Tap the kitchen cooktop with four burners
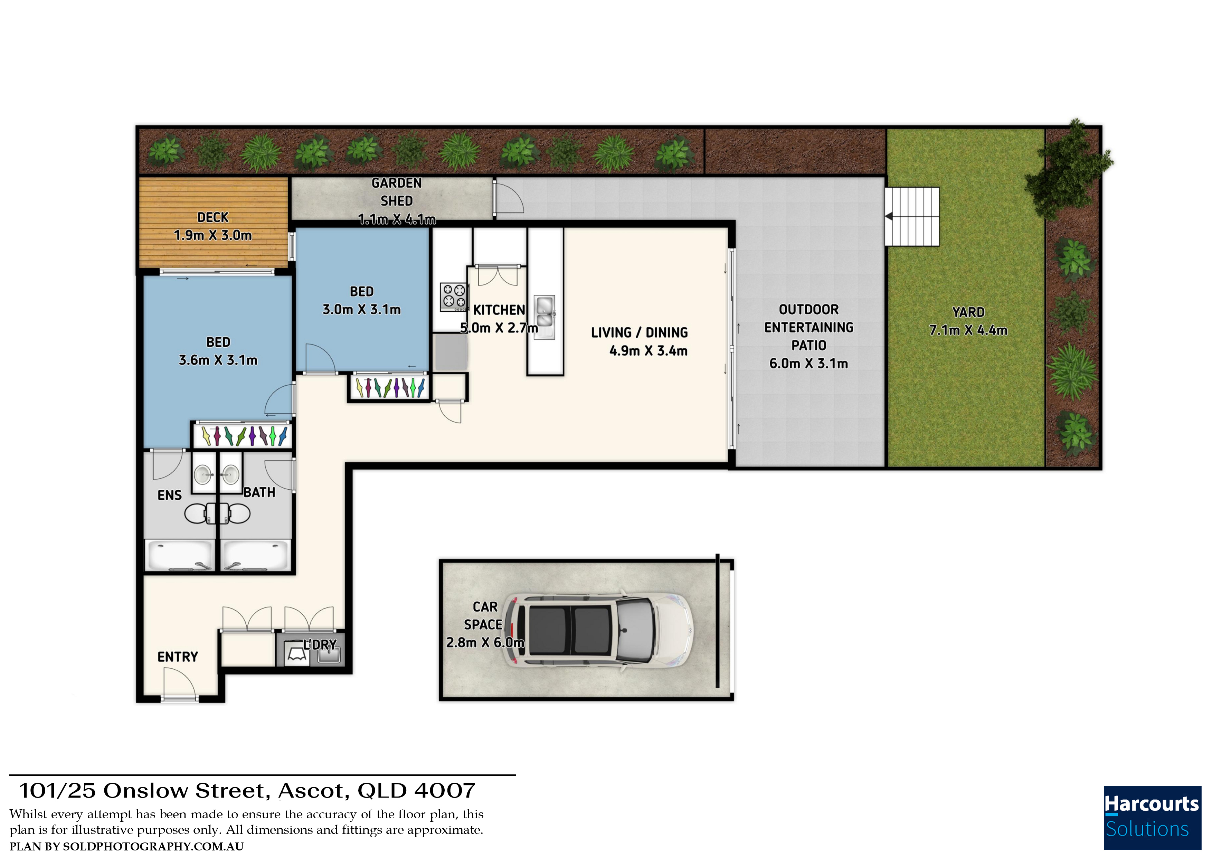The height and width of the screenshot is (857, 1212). click(x=454, y=297)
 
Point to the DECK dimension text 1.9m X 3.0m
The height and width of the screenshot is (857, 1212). click(x=213, y=236)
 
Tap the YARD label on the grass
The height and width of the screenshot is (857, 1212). click(x=968, y=312)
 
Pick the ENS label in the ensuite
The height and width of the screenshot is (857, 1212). click(x=169, y=495)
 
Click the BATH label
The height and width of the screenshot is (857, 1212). click(x=259, y=493)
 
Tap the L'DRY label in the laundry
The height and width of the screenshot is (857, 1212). click(x=320, y=645)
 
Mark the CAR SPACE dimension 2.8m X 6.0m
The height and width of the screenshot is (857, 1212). click(x=485, y=643)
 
